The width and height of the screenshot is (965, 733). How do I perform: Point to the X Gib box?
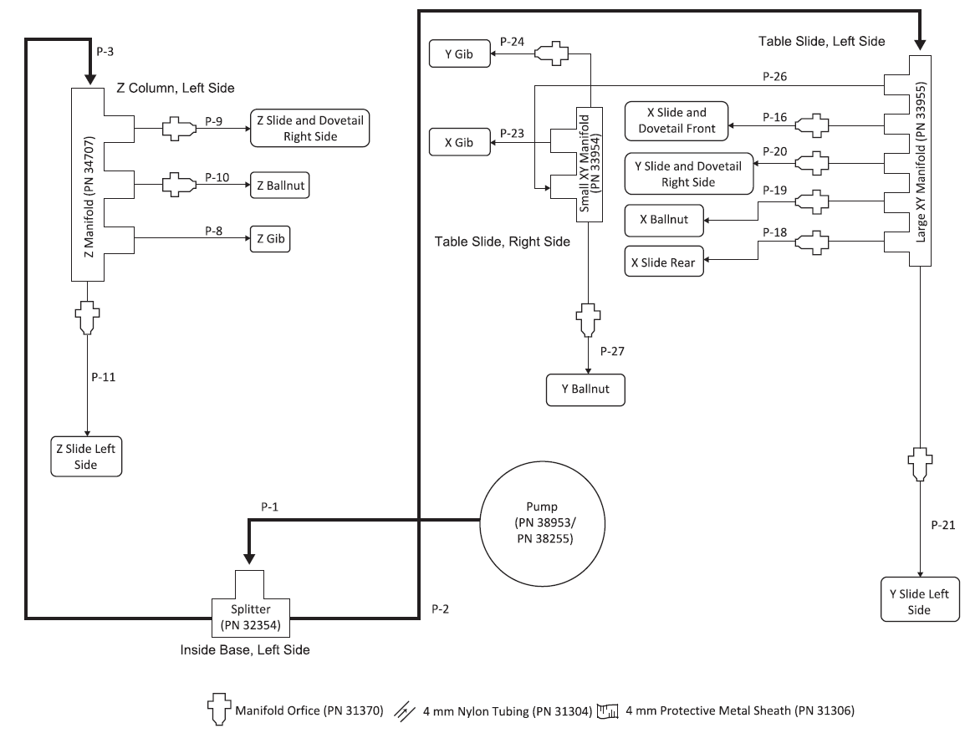(458, 143)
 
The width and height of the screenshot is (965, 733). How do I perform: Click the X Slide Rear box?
(665, 262)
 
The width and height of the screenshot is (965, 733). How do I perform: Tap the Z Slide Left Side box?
(86, 456)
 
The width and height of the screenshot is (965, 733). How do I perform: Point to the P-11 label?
(103, 377)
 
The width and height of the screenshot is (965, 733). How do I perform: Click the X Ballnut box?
(663, 220)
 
